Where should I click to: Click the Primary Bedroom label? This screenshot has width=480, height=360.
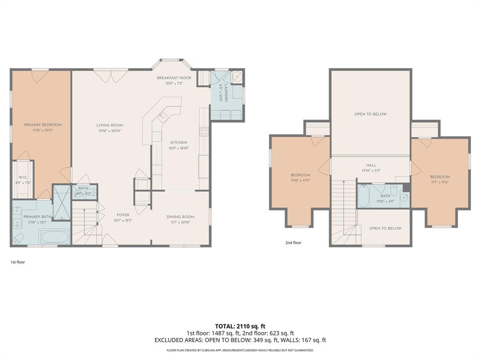43,125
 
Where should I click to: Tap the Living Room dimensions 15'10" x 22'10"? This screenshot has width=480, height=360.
110,131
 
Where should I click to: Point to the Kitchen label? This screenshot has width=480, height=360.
179,142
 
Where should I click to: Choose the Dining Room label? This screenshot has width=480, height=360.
180,217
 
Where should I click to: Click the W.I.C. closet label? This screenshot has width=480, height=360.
22,177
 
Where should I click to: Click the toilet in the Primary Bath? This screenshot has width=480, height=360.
18,239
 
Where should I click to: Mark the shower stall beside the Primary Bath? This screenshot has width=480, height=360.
61,202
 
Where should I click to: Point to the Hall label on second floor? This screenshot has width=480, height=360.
371,165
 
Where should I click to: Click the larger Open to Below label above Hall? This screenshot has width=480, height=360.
370,114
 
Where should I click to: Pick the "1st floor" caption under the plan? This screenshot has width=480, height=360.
17,262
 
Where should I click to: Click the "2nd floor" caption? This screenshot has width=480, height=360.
293,243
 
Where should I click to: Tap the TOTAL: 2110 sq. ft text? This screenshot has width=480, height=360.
240,326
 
